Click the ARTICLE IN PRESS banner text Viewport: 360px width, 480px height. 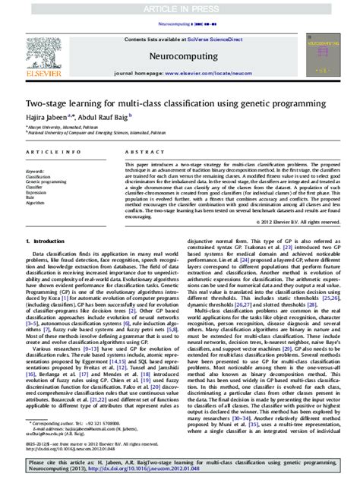[180, 8]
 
